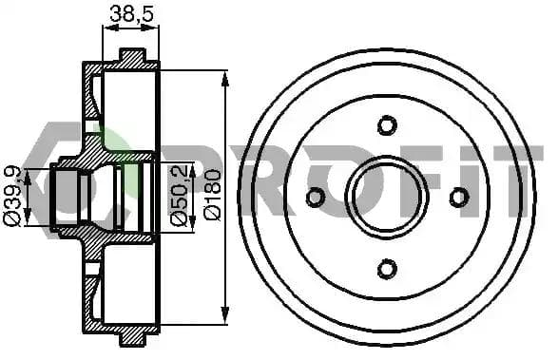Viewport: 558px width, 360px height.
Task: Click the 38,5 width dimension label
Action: (x=131, y=14)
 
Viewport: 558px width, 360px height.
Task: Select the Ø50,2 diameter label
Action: (x=179, y=197)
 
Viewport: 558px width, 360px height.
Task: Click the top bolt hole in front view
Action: (x=387, y=125)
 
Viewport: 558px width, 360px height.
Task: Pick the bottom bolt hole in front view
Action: (x=387, y=269)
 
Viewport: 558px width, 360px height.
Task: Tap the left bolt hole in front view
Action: (x=316, y=198)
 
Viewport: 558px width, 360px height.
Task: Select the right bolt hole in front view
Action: (x=459, y=198)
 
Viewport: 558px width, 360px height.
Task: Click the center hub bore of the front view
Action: (x=387, y=198)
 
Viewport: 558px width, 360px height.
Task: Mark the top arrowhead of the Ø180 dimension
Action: (x=224, y=79)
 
